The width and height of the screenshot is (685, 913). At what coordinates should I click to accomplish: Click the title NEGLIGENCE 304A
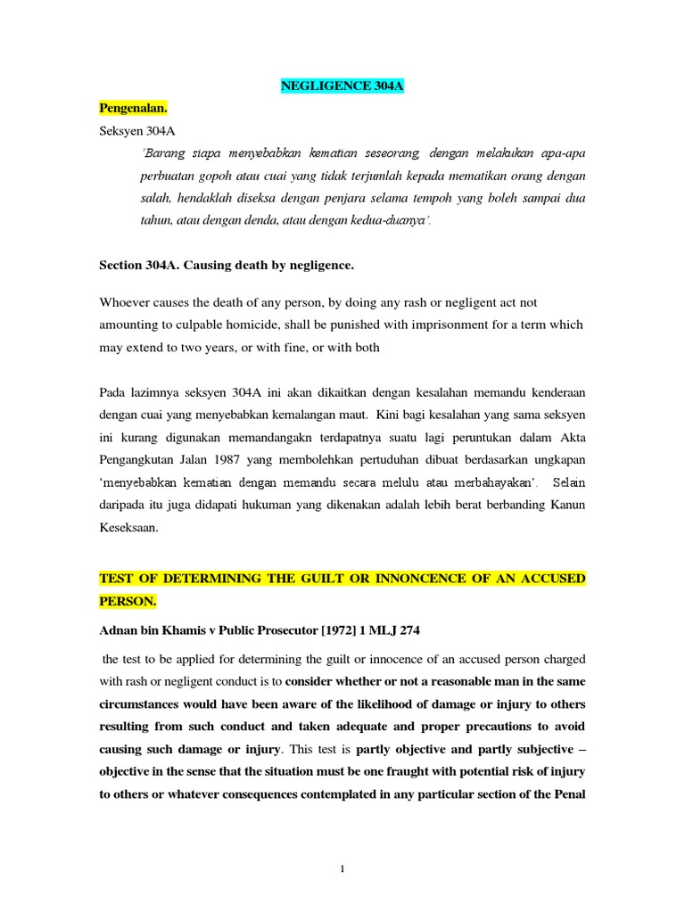pos(342,86)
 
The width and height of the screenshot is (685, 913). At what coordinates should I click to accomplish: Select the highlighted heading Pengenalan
pos(133,109)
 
